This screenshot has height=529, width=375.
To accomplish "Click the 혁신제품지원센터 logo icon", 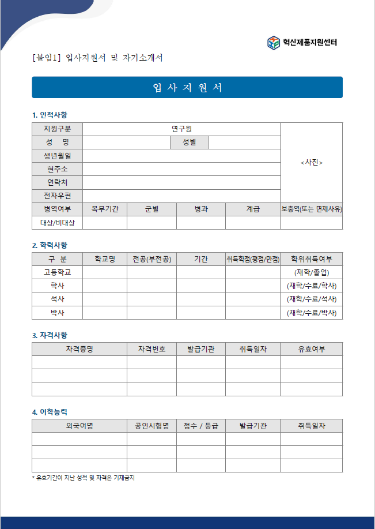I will click(x=274, y=42).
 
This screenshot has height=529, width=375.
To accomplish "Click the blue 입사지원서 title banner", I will click(x=187, y=88).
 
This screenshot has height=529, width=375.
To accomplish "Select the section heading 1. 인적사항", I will click(x=50, y=115).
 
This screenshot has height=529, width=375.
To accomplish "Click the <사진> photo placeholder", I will click(x=312, y=163).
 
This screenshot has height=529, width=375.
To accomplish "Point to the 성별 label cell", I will click(x=189, y=142).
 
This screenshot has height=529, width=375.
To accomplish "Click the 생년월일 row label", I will click(x=57, y=156).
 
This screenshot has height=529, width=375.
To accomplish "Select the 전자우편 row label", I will click(x=57, y=196).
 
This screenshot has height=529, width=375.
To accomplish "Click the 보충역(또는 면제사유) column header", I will click(x=312, y=209).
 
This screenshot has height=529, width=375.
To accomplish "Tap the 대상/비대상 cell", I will click(x=57, y=223).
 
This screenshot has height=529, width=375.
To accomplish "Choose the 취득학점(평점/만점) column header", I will click(x=252, y=259).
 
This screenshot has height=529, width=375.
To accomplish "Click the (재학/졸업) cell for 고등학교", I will click(x=312, y=272).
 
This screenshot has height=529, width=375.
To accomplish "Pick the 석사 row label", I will click(x=57, y=299).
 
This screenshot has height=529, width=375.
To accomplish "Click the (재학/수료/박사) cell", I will click(x=312, y=313).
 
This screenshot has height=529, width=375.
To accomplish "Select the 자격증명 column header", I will click(x=79, y=349).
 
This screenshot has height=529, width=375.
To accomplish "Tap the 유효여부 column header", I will click(x=312, y=349).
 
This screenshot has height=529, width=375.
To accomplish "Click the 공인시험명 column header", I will click(x=151, y=426).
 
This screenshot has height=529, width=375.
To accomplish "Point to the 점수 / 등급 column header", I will click(x=200, y=426).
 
